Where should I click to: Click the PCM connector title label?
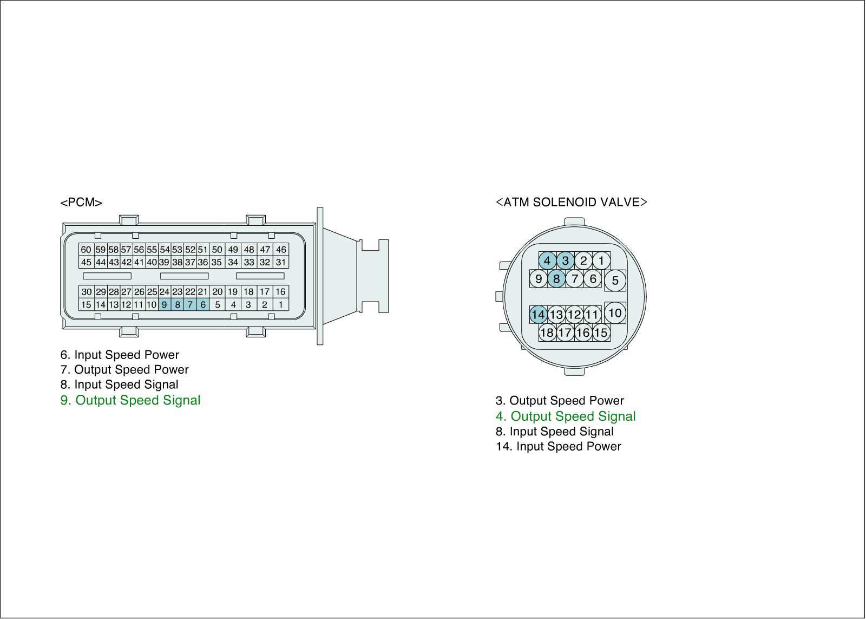[x=81, y=203]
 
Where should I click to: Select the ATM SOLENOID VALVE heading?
[x=571, y=203]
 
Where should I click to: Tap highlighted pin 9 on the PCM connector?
[x=164, y=305]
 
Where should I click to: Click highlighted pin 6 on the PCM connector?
[x=203, y=305]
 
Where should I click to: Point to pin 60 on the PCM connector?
[x=86, y=250]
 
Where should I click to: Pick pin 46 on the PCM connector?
[x=280, y=250]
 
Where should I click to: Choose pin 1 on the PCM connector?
[x=280, y=305]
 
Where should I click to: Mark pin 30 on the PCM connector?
[x=86, y=292]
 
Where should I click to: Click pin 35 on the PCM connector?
[x=216, y=263]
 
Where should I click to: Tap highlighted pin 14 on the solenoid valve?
[x=538, y=315]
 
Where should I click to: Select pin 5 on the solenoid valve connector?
[x=615, y=281]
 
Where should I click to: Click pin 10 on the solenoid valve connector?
[x=615, y=312]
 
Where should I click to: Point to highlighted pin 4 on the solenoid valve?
[x=547, y=261]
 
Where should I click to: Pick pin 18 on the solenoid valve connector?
[x=547, y=333]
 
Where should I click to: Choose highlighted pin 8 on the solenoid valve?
[x=556, y=279]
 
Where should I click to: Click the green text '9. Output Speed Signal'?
[x=130, y=400]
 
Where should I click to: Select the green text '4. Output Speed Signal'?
[x=566, y=416]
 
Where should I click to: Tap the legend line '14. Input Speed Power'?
[x=559, y=447]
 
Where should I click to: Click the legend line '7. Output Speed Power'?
[x=124, y=370]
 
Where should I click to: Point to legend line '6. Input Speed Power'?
[x=120, y=355]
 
